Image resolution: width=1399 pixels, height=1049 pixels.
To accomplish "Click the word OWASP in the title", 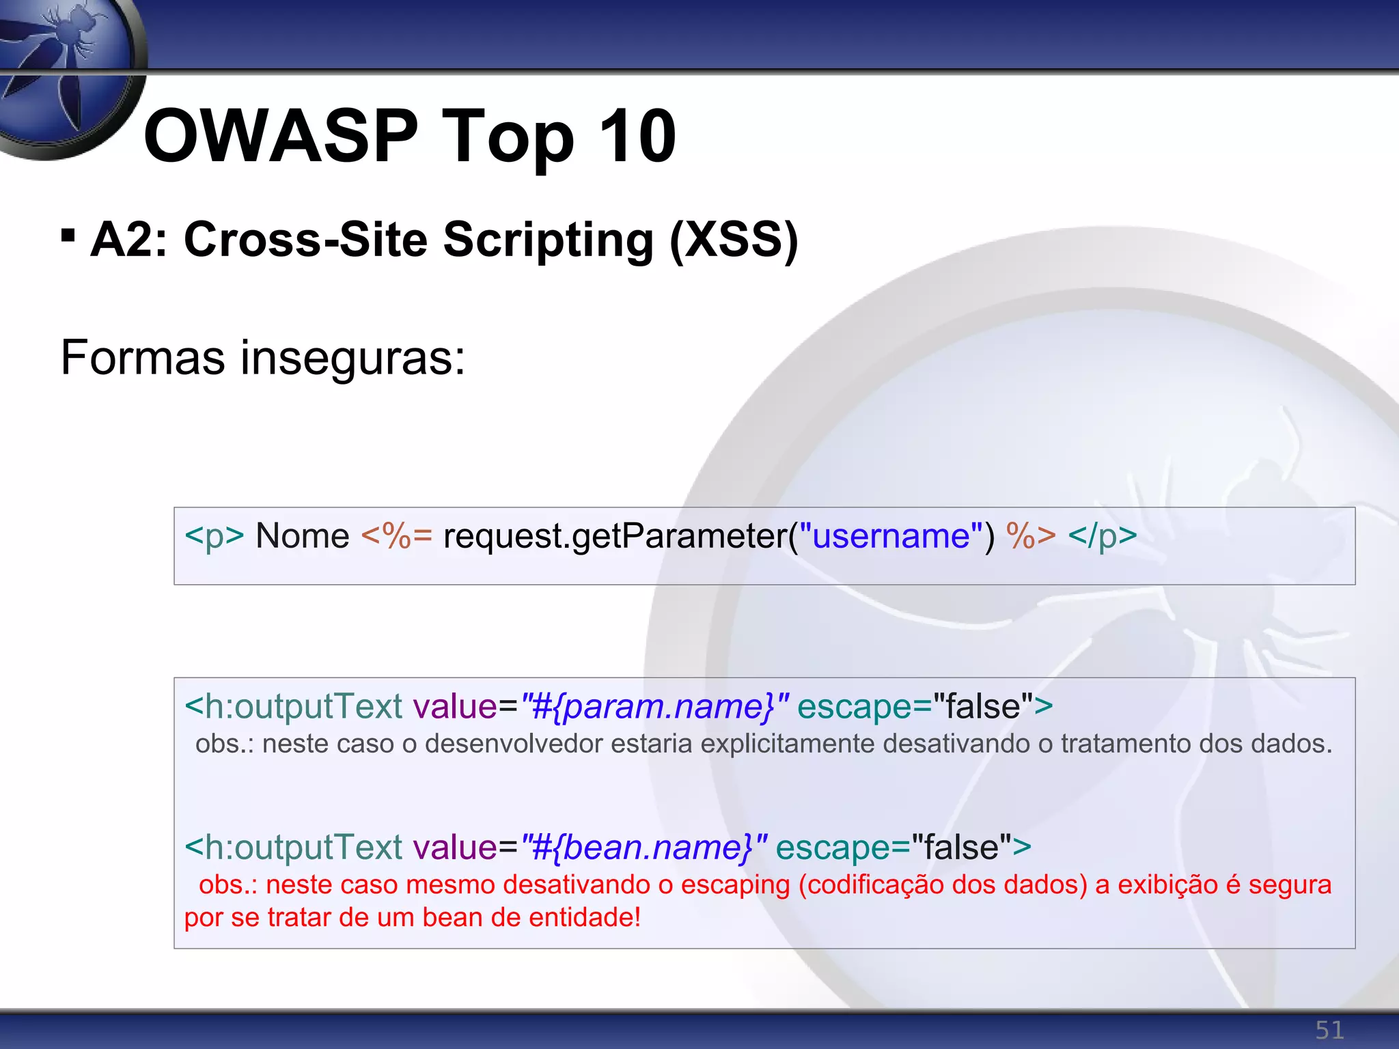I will [280, 137].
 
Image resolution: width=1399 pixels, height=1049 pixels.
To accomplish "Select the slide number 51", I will [1329, 1030].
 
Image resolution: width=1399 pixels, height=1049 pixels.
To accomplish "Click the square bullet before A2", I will [68, 235].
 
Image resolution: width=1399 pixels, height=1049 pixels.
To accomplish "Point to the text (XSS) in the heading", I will [734, 240].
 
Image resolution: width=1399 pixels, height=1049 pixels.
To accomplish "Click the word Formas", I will [142, 358].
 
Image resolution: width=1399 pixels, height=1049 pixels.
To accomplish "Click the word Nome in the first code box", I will [302, 536].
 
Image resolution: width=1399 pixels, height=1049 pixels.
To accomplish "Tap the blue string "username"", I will [891, 536].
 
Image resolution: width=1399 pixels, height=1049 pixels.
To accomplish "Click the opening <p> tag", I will [214, 536].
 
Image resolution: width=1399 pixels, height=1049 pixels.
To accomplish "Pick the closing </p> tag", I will [1103, 536].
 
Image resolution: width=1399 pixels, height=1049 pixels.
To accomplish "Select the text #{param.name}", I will [654, 707].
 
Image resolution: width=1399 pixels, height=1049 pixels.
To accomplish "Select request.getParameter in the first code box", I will [615, 536].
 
